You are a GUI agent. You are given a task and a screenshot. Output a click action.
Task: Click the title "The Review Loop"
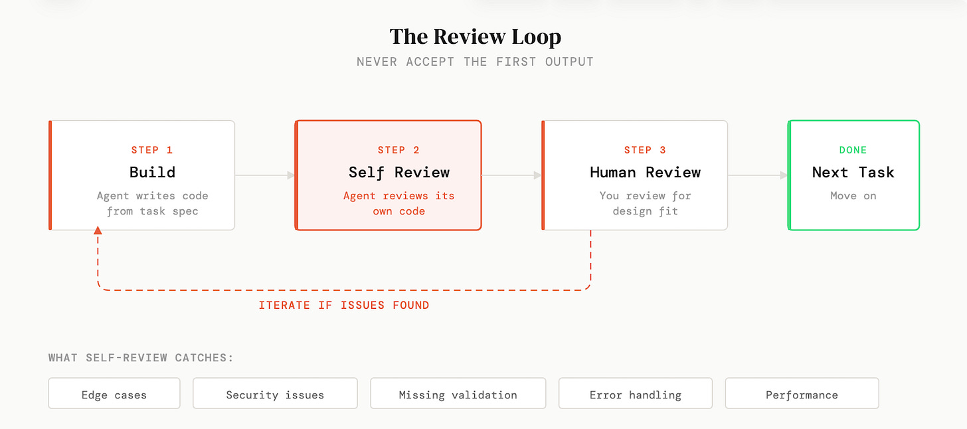pyautogui.click(x=475, y=37)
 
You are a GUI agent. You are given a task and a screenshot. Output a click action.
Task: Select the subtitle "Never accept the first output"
pyautogui.click(x=475, y=62)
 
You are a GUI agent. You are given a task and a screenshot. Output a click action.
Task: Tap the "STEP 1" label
pyautogui.click(x=152, y=150)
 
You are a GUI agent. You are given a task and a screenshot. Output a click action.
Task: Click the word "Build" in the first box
pyautogui.click(x=152, y=173)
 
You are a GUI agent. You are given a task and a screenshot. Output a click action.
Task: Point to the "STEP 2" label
pyautogui.click(x=398, y=150)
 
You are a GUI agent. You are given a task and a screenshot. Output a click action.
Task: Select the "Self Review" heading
pyautogui.click(x=398, y=173)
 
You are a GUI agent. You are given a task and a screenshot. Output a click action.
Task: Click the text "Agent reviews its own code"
pyautogui.click(x=398, y=203)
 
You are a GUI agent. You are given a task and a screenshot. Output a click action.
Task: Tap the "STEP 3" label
pyautogui.click(x=645, y=150)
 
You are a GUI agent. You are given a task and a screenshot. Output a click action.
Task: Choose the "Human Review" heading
pyautogui.click(x=645, y=173)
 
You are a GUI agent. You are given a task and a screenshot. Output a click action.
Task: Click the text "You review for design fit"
pyautogui.click(x=645, y=203)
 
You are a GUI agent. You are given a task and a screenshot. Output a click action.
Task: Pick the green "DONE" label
pyautogui.click(x=853, y=150)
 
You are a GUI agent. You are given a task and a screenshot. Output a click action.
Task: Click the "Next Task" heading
pyautogui.click(x=853, y=173)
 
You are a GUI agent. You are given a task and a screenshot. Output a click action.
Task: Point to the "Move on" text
pyautogui.click(x=853, y=196)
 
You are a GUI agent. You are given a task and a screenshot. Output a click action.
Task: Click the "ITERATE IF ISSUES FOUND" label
pyautogui.click(x=343, y=305)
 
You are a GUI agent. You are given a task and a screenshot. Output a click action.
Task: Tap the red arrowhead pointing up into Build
pyautogui.click(x=98, y=230)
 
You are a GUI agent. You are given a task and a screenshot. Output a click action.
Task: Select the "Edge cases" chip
pyautogui.click(x=114, y=394)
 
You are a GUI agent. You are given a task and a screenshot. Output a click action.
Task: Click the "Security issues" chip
pyautogui.click(x=275, y=394)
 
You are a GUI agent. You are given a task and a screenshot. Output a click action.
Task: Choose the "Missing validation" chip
pyautogui.click(x=458, y=394)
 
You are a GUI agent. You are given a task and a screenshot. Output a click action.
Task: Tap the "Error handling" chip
pyautogui.click(x=635, y=394)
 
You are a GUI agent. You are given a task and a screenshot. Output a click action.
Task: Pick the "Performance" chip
pyautogui.click(x=802, y=394)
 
